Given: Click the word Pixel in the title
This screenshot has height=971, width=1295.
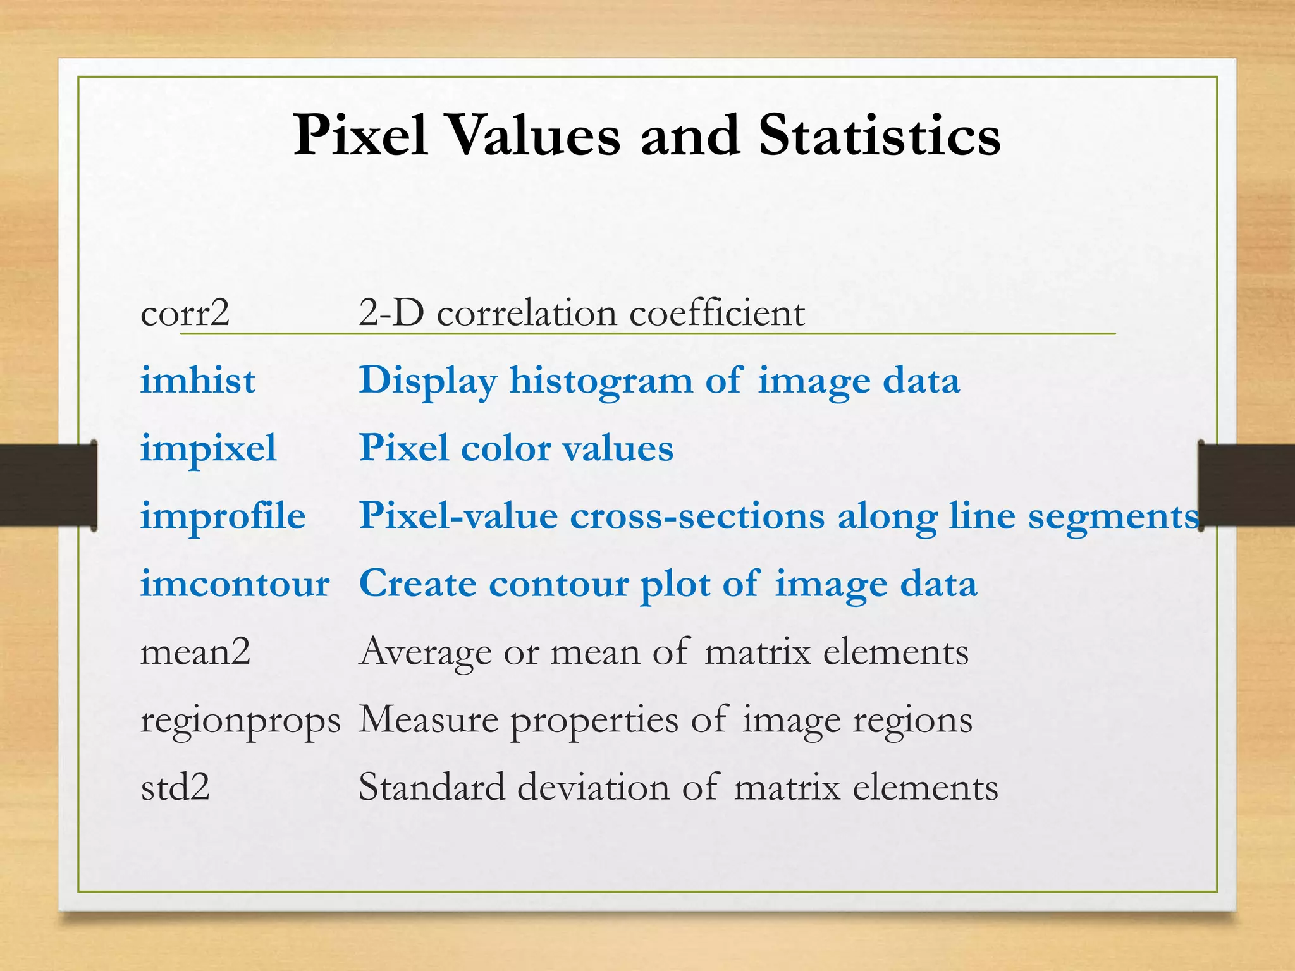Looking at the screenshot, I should point(360,135).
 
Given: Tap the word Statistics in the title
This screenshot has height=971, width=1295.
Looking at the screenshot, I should point(880,135).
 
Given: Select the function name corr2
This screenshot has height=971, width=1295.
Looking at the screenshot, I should point(185,313).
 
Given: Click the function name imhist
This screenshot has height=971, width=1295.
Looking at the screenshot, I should point(198,381).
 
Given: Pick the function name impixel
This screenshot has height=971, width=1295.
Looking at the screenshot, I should point(208,449).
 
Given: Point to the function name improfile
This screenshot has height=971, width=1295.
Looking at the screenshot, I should point(223,516).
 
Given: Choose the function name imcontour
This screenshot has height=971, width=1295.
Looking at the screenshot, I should point(235,583).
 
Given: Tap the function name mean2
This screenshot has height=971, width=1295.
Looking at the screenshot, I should point(195,652).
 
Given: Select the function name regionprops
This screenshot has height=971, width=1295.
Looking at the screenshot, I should point(240,721).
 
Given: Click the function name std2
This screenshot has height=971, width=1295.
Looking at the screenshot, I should point(175,788).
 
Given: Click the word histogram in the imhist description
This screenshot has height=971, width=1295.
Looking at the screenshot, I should point(601,381).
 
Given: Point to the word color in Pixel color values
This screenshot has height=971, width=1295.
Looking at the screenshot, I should point(506,449).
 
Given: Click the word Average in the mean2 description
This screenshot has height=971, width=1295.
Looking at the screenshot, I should point(425,652).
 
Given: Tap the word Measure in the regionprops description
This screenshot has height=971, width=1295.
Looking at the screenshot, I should point(428,719).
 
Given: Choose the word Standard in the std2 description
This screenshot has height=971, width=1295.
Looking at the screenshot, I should point(431,788).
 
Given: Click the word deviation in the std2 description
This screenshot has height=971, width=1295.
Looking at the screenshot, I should point(592,788).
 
